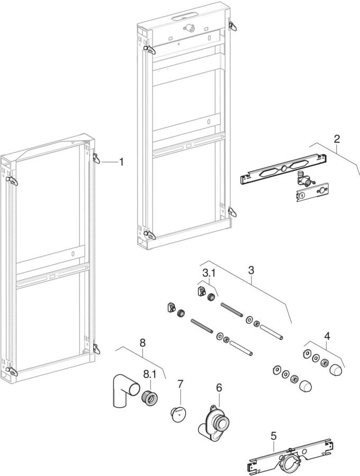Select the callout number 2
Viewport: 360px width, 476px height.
coord(337,140)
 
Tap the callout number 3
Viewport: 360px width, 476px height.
coord(251,270)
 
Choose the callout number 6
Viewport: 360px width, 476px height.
coord(219,388)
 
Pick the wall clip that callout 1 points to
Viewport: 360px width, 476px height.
coord(96,158)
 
